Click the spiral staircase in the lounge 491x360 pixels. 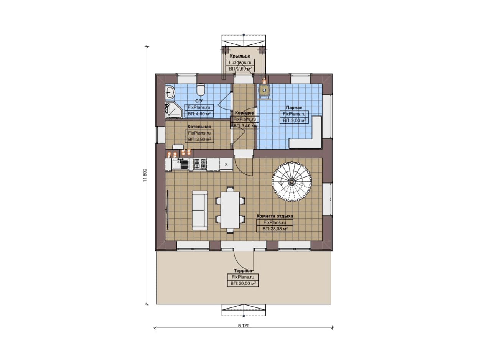292,182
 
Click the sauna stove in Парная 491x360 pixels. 265,90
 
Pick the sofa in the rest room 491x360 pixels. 199,210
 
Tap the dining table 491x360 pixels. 230,210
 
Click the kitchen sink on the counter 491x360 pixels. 180,164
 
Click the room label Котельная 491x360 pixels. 199,127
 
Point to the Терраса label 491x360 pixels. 243,271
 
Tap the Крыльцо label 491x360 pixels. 240,56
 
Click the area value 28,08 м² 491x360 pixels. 275,229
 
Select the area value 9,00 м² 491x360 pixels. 294,120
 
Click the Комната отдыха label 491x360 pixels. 275,216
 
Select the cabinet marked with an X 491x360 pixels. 226,164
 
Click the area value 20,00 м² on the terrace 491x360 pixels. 243,284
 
